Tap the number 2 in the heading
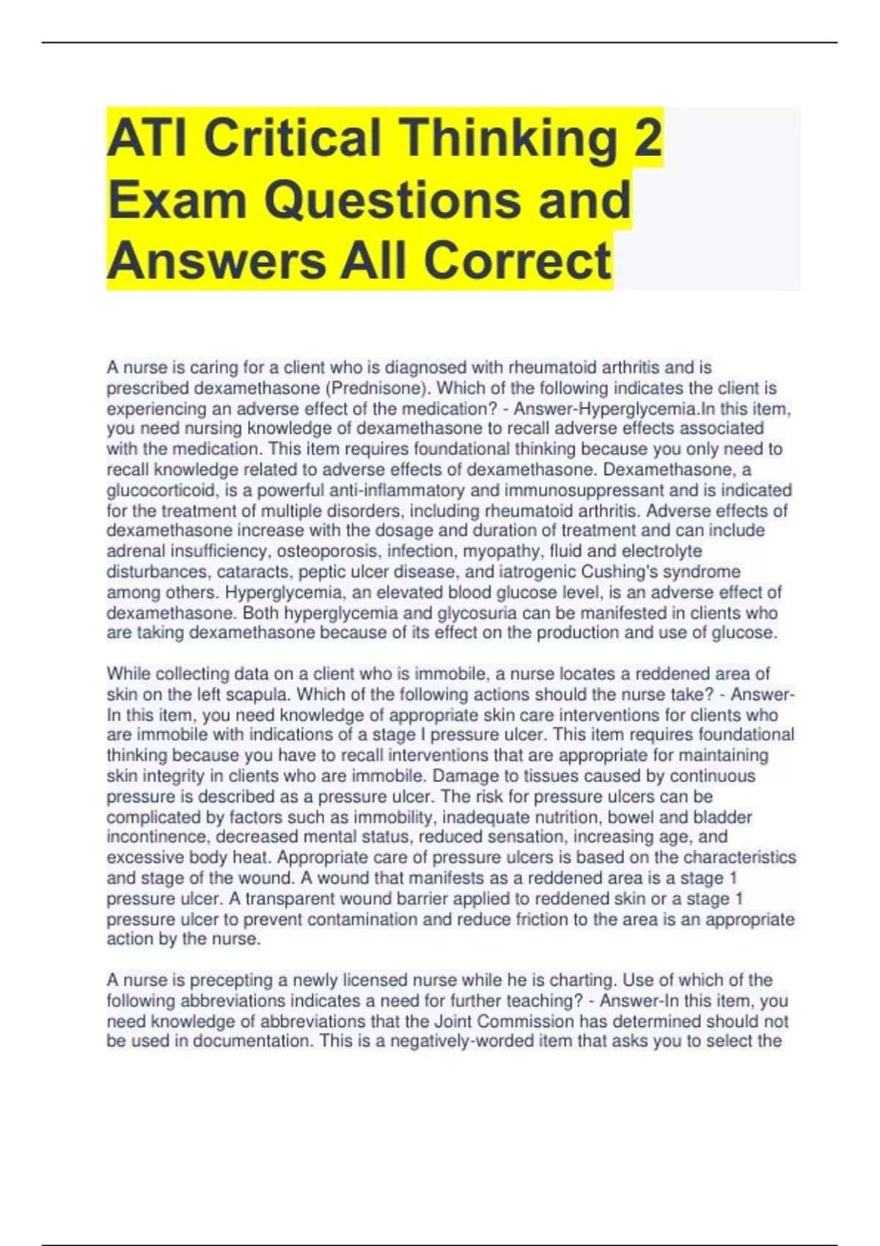coord(648,138)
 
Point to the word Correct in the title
coord(517,260)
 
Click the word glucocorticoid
coord(155,490)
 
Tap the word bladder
coord(722,816)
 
